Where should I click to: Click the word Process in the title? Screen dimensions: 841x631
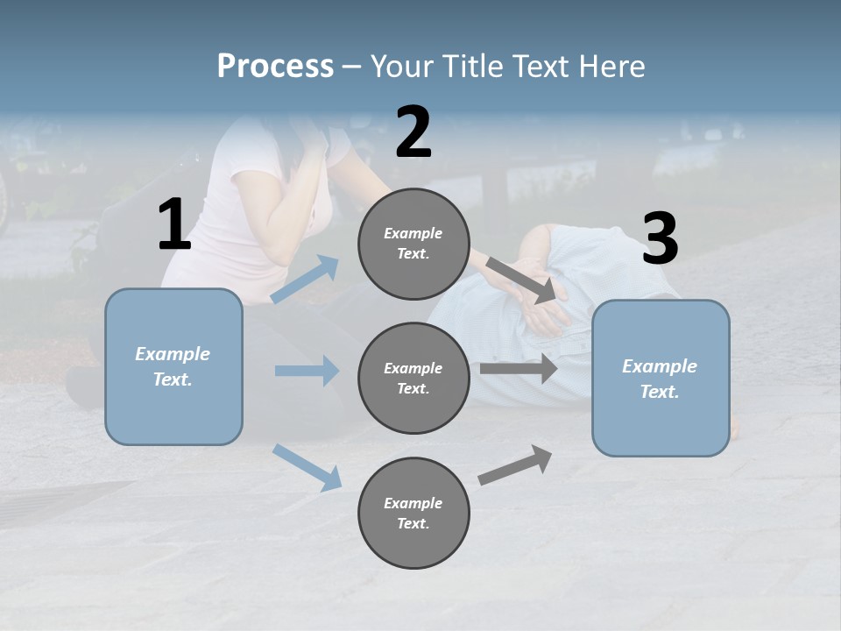[275, 66]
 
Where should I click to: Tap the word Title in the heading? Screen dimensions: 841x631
[473, 66]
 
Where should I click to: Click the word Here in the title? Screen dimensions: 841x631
[611, 66]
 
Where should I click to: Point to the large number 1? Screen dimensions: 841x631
[174, 223]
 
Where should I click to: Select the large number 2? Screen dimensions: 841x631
[413, 132]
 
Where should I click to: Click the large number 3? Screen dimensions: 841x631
[661, 238]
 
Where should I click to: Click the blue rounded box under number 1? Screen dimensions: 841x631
[173, 367]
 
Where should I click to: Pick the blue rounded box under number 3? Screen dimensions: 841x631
[661, 379]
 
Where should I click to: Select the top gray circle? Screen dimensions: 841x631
[413, 244]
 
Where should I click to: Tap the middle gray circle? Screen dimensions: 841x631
[413, 379]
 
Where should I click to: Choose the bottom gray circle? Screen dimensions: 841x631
[413, 513]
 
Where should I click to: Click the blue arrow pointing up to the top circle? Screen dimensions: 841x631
[305, 279]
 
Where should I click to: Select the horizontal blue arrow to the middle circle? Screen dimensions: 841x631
[307, 371]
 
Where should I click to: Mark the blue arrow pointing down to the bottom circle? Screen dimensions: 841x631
[307, 468]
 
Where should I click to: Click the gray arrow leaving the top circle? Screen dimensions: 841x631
[521, 280]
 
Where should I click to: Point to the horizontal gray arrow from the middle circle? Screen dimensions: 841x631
[519, 368]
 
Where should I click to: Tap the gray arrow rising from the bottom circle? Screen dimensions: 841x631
[515, 464]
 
